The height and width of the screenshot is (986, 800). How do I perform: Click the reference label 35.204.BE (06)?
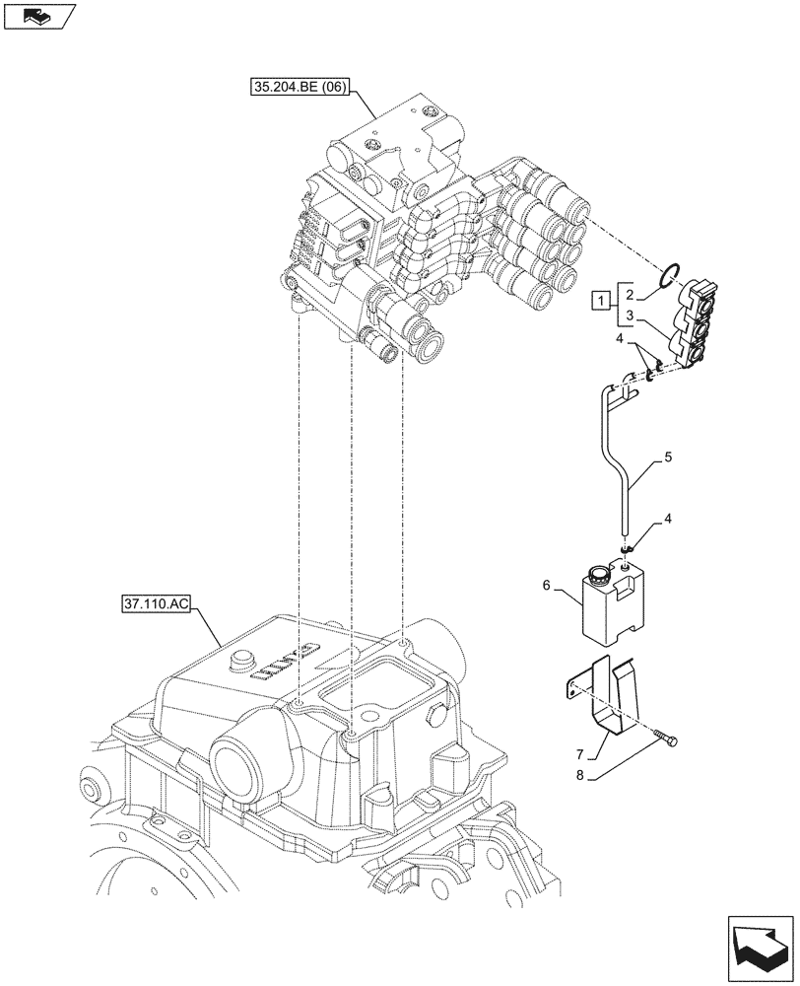(298, 87)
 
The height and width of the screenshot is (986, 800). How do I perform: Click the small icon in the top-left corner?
(39, 15)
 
